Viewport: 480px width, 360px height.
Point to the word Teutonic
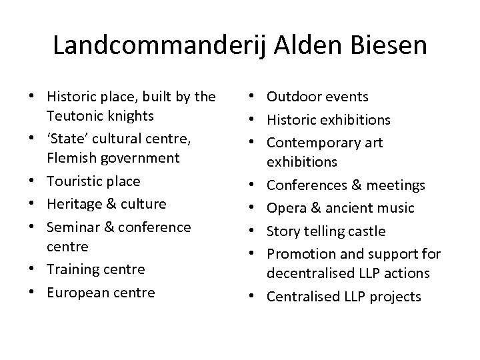[73, 116]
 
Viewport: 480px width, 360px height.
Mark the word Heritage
[73, 203]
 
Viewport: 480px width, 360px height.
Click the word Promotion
[298, 254]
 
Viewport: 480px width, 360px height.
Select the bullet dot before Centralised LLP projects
[257, 297]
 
